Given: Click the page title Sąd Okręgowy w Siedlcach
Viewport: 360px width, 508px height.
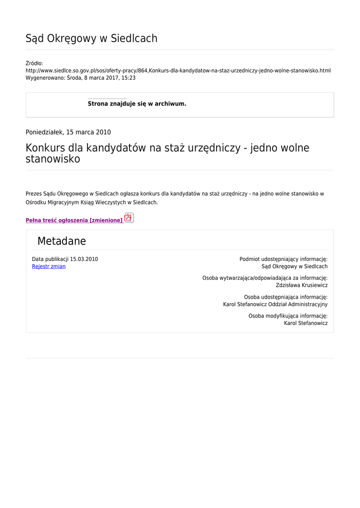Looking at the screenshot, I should pos(91,39).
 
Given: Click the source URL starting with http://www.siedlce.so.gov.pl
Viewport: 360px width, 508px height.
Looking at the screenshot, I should pos(178,71).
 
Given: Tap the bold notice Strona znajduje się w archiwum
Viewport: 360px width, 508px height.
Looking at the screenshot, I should pos(137,104).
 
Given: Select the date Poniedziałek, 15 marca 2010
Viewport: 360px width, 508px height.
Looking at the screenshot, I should pos(68,132).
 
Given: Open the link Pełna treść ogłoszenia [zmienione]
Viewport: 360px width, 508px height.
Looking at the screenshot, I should pos(74,220).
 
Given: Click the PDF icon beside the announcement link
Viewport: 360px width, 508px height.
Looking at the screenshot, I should pos(129,218).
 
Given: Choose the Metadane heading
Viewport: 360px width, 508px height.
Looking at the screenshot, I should pos(62,242).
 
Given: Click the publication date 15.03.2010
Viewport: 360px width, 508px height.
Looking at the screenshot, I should pos(84,259).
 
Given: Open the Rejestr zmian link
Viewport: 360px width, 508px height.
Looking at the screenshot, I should pos(49,267).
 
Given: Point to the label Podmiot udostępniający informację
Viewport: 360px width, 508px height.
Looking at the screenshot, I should pos(284,259).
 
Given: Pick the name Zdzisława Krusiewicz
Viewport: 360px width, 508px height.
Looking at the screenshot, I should pos(301,286).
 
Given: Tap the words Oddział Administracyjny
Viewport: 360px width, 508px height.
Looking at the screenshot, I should pos(298,305).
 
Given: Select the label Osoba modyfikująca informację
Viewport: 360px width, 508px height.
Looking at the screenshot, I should pos(288,316).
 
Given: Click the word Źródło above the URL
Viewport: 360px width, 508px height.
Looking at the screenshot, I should pos(34,63).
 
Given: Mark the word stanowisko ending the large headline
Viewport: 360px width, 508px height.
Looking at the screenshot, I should pos(53,160).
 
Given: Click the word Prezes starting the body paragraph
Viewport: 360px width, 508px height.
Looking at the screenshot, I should pos(33,193).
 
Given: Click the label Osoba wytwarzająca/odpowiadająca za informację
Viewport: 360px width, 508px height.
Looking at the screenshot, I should pos(265,278).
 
